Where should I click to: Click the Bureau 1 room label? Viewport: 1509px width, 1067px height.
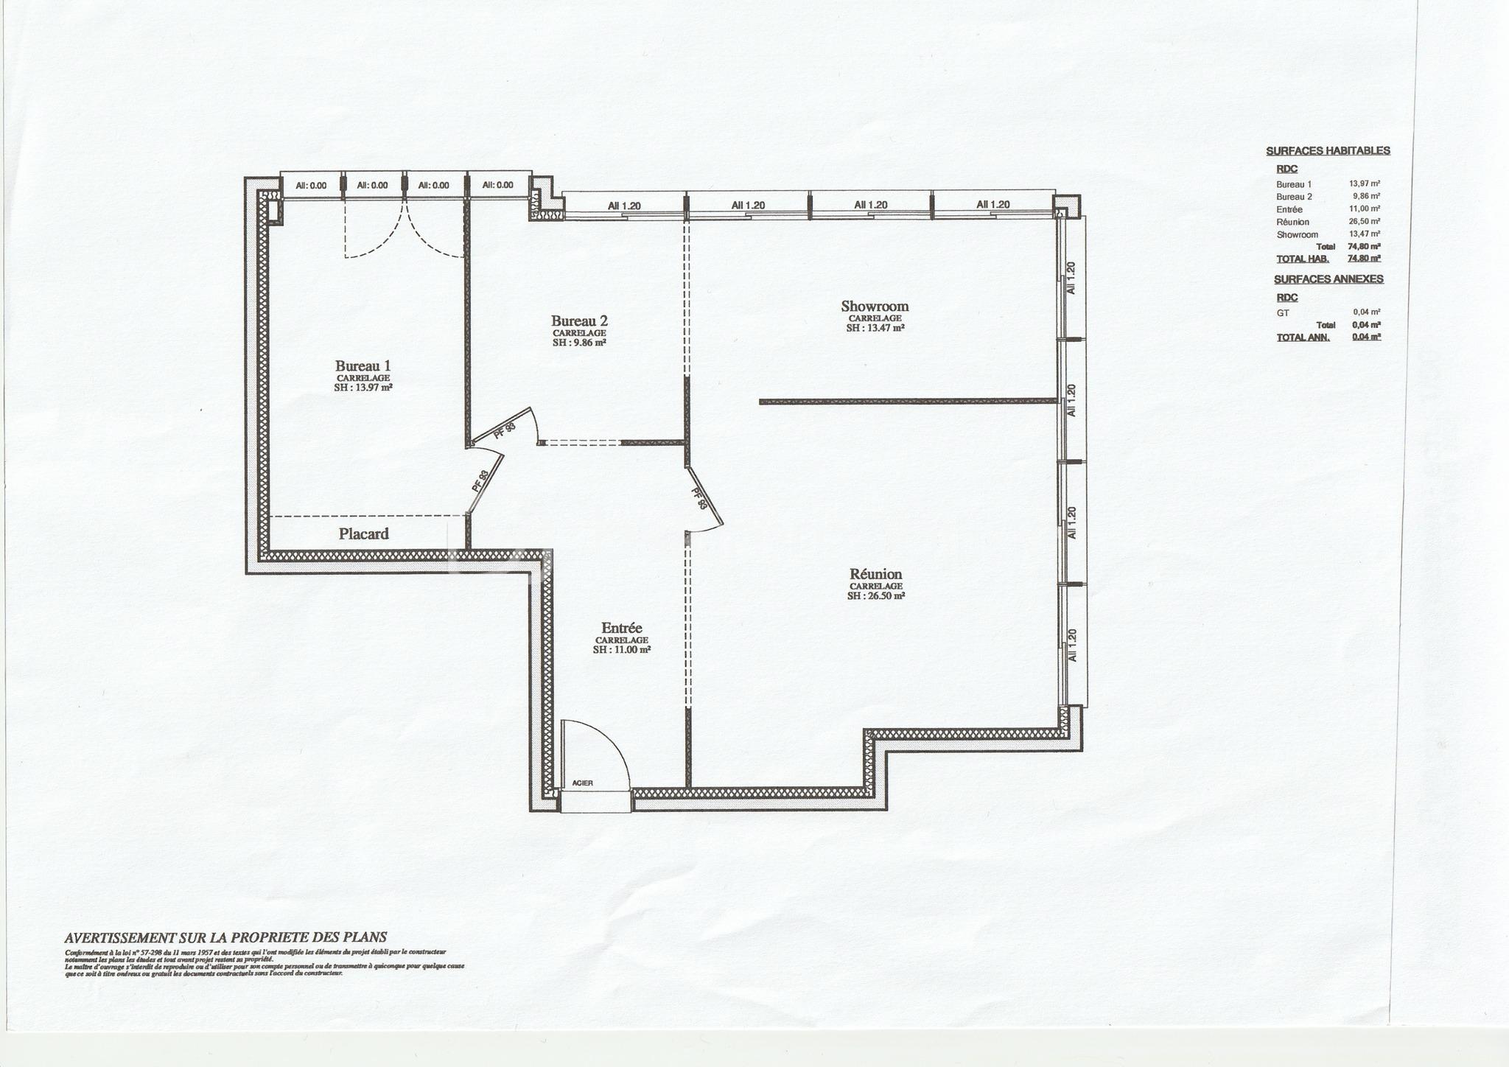pos(363,365)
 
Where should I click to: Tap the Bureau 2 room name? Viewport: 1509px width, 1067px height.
pos(579,321)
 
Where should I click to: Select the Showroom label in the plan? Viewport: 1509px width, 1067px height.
pos(875,306)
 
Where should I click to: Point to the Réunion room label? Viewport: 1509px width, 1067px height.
pos(875,574)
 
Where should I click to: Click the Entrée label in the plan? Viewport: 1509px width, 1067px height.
pos(621,628)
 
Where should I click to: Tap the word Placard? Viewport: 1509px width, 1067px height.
pos(363,533)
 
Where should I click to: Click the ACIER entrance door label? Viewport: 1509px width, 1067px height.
pos(582,783)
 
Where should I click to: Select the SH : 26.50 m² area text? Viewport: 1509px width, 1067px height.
pos(875,596)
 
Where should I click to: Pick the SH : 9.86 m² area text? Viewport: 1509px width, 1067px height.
pos(579,343)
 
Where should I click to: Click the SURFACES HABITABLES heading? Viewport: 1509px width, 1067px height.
pos(1328,151)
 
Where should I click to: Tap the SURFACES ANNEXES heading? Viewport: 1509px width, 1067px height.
pos(1328,279)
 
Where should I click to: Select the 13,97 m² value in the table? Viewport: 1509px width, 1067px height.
pos(1364,184)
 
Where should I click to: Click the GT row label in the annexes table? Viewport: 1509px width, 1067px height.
pos(1283,312)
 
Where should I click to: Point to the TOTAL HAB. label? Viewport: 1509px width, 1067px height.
pos(1302,259)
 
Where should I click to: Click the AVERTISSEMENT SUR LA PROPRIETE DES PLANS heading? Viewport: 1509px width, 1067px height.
pos(225,938)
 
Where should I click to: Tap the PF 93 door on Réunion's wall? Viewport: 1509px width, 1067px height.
pos(701,499)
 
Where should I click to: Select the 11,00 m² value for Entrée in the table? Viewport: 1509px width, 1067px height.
pos(1364,209)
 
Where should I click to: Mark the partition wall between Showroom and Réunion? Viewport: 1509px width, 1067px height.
pos(908,402)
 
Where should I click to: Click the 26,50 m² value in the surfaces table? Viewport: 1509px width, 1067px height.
pos(1364,222)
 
